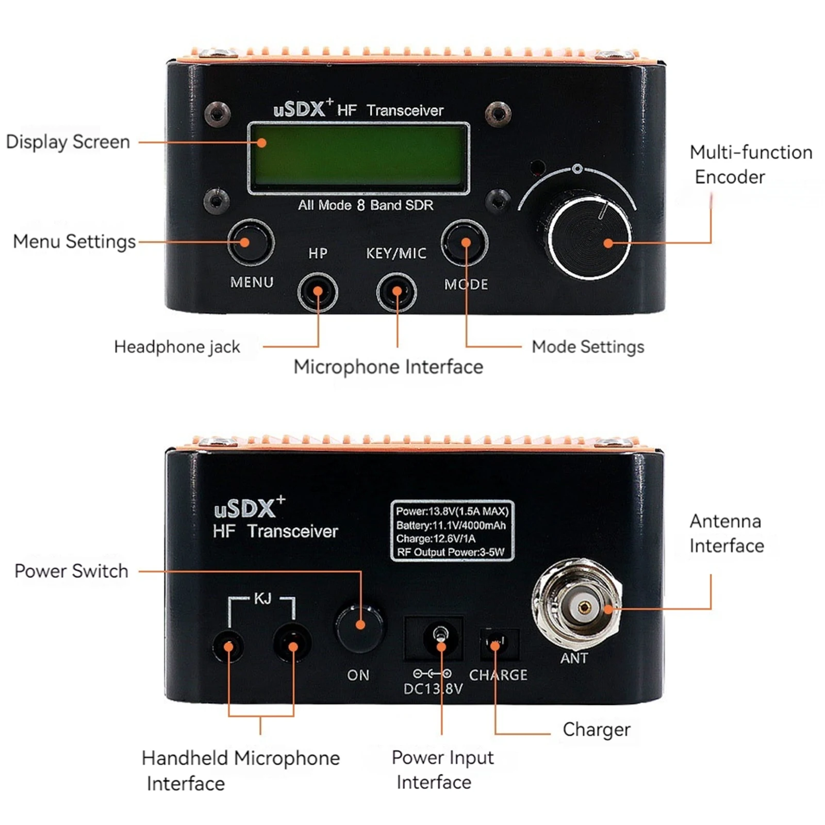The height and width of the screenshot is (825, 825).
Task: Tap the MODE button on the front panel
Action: (x=465, y=243)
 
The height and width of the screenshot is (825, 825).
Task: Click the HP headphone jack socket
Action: (x=318, y=292)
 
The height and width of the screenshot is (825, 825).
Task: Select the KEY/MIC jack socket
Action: (x=396, y=292)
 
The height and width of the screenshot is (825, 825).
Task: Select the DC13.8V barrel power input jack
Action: (x=440, y=638)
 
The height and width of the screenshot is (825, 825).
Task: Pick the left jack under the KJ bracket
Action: (x=228, y=646)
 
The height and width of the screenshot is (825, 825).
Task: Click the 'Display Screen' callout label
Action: (x=68, y=142)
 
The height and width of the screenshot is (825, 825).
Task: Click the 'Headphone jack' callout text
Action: (x=177, y=347)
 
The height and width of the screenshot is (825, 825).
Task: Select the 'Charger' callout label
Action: (x=596, y=730)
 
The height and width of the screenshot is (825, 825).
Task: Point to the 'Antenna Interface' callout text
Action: (x=726, y=534)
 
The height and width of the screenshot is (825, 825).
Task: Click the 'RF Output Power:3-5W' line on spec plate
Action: (x=451, y=552)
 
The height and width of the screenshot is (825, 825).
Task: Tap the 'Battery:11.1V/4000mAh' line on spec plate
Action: (x=451, y=525)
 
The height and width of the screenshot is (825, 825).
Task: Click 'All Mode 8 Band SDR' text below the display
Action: (x=365, y=205)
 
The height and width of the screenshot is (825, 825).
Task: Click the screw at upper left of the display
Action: (x=217, y=113)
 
